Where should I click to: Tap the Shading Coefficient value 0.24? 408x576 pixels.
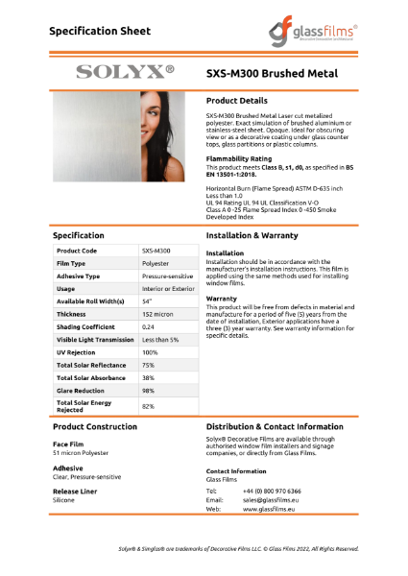(x=150, y=326)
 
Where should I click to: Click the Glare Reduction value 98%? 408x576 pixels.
(x=149, y=391)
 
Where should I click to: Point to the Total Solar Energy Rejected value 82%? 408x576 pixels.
(x=149, y=406)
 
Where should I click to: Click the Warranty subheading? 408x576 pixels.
(x=223, y=298)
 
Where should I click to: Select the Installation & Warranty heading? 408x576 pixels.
(x=258, y=234)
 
